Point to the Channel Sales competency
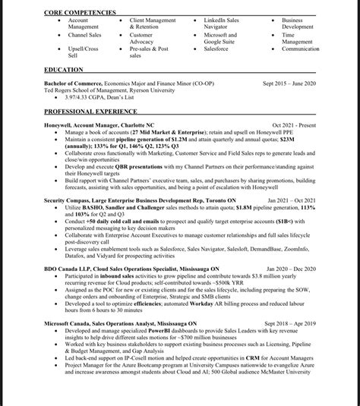(x=84, y=35)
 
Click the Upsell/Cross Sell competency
(x=83, y=52)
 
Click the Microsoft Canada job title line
(x=120, y=323)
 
